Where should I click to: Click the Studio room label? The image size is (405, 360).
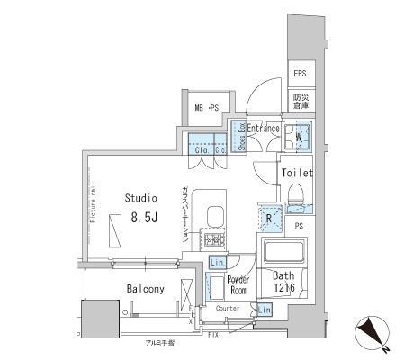(x=140, y=198)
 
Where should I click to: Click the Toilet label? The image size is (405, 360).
(x=296, y=173)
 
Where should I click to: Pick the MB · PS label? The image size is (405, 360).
(x=208, y=109)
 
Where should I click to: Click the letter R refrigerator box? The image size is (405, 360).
(x=269, y=217)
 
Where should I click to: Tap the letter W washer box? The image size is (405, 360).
(x=298, y=137)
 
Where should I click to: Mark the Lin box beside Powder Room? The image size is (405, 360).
(x=216, y=262)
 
